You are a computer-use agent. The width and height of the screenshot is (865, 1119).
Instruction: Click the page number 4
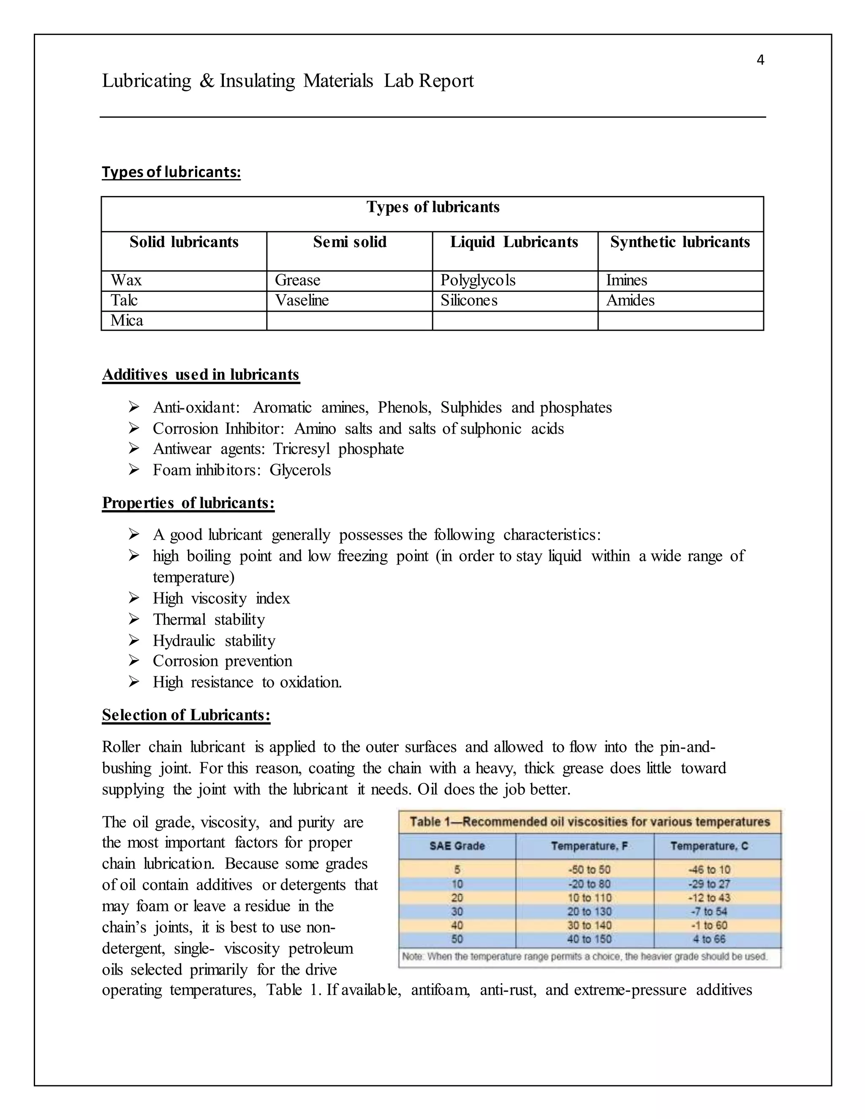coord(760,60)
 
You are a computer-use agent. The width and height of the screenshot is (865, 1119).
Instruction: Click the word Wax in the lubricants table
coord(126,280)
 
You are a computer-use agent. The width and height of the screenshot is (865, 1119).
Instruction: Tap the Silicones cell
coord(468,300)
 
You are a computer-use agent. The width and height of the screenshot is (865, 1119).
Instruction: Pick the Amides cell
coord(630,300)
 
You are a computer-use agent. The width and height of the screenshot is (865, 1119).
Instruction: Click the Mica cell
coord(127,321)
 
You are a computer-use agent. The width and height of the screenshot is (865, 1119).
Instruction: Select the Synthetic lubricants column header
coord(680,242)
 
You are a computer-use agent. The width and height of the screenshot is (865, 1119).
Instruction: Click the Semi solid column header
coord(349,242)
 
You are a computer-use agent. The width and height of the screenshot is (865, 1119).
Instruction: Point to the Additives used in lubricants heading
coord(200,375)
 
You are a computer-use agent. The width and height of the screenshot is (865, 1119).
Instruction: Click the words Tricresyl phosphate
coord(338,449)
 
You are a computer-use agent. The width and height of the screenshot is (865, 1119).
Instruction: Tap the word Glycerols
coord(300,470)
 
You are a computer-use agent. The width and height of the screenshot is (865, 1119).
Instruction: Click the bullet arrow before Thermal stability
coord(134,619)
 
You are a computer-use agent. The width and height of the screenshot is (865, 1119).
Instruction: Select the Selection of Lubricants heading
coord(186,715)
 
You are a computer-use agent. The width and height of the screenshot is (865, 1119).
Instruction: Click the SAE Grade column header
coord(457,846)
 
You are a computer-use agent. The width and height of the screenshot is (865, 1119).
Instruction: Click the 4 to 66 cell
coord(709,939)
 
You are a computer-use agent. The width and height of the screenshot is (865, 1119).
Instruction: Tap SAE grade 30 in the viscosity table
coord(457,912)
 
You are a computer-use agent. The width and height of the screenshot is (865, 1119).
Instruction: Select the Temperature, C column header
coord(709,846)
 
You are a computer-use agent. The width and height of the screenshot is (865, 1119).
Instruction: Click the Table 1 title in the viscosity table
coord(589,822)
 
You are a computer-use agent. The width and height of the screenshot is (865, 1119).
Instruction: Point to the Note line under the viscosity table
coord(584,956)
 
